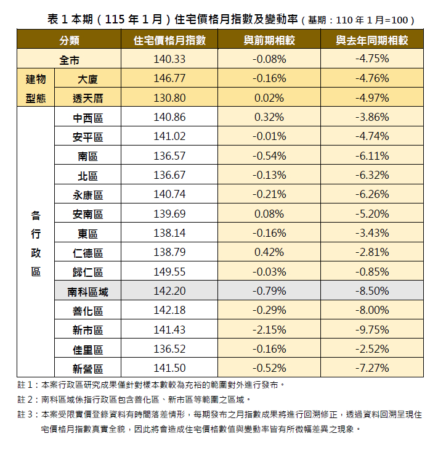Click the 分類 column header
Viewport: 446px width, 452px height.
click(69, 41)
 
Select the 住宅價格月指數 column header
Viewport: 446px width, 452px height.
click(169, 41)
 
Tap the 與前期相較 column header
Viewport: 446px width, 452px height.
click(269, 41)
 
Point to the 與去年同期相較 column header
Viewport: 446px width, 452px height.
click(371, 41)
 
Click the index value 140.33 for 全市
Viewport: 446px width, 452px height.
click(169, 60)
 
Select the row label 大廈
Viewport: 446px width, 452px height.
click(87, 79)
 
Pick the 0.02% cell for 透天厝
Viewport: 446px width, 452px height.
click(269, 98)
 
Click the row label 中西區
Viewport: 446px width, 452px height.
click(87, 117)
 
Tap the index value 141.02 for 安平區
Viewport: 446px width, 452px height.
click(169, 137)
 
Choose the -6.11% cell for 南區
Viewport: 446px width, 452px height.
click(371, 156)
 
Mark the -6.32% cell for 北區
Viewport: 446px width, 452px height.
click(371, 176)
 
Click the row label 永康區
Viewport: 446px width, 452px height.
click(87, 195)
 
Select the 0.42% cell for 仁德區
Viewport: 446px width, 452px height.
click(269, 253)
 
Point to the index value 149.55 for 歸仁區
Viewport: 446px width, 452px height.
click(169, 272)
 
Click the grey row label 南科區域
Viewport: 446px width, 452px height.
click(87, 292)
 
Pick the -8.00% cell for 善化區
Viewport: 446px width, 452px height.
click(371, 311)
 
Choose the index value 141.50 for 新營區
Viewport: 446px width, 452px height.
click(169, 369)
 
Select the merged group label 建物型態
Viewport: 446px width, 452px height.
click(36, 88)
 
